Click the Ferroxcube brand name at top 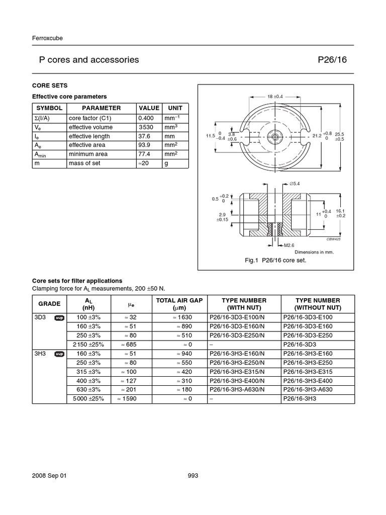coord(47,38)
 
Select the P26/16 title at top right coord(332,60)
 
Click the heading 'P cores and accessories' coord(89,60)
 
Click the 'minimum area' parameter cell coord(87,154)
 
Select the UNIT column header coord(175,108)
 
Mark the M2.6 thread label coord(288,245)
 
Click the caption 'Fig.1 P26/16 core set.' coord(282,261)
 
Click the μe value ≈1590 coord(128,399)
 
